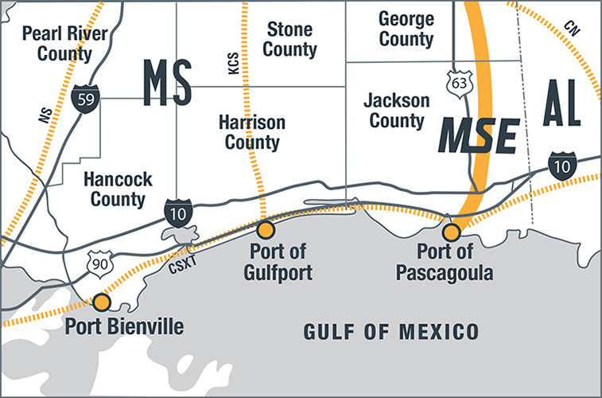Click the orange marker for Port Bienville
point(101,302)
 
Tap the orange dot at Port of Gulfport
point(266,230)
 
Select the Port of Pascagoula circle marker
point(451,232)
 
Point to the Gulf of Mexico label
point(391,330)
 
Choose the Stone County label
point(290,40)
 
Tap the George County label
point(406,28)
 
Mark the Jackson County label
point(396,111)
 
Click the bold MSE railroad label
point(480,136)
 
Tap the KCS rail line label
point(233,64)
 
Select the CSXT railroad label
point(183,267)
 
